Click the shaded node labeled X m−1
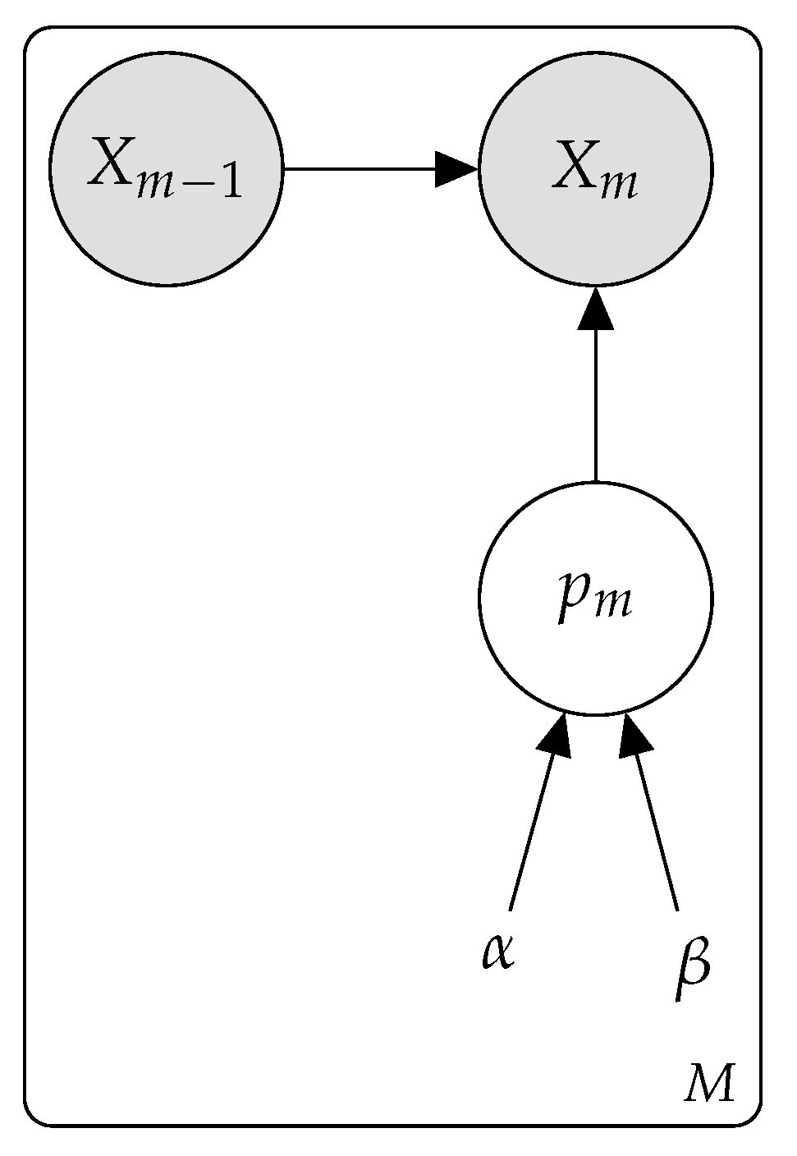(166, 169)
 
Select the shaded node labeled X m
(595, 169)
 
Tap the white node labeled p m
(595, 599)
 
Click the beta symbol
(692, 969)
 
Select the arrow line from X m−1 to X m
(361, 169)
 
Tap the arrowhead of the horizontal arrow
(456, 169)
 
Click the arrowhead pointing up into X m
(595, 310)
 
